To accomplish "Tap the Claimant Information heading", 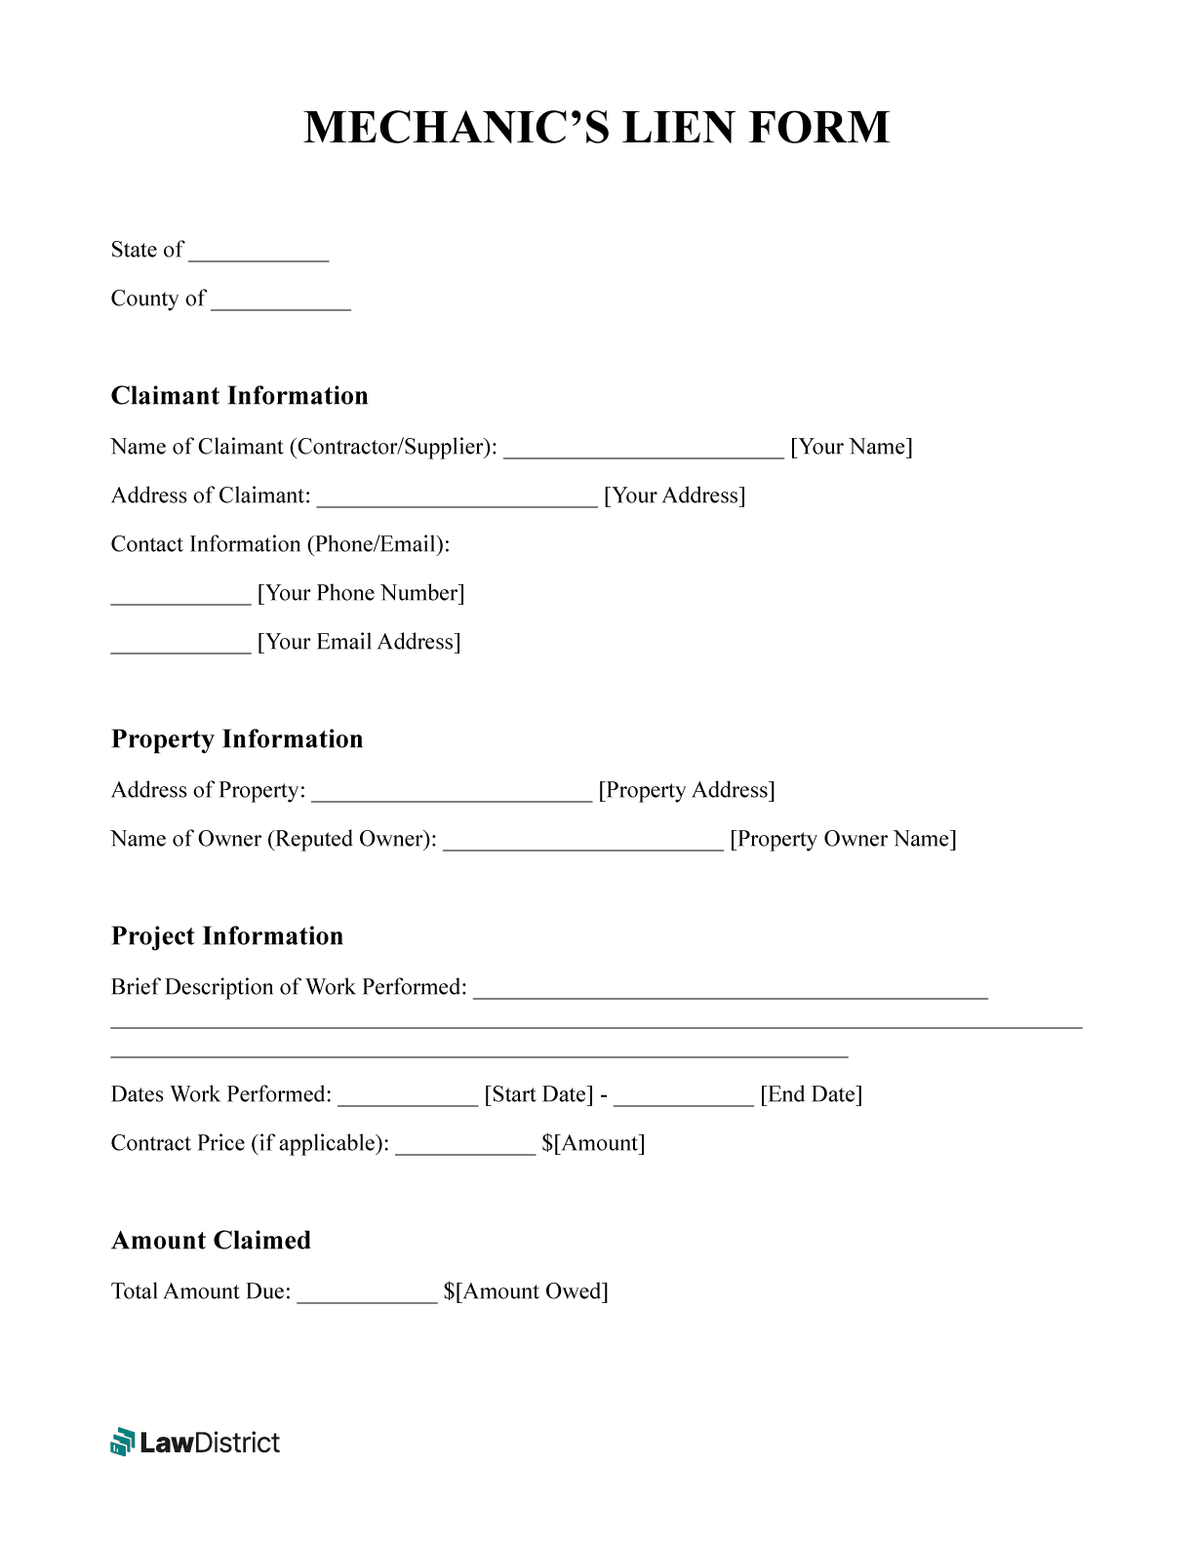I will pos(240,396).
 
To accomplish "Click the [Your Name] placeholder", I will pos(852,447).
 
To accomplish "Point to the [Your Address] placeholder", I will pos(675,495).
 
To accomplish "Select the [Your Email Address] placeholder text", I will pos(359,642).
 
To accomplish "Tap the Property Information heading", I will pos(237,739).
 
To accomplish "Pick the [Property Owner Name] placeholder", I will pos(843,839).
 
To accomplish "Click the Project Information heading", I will pos(227,936).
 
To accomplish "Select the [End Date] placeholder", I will pos(812,1094).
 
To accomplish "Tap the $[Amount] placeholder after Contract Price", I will pos(593,1143).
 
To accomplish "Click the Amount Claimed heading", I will pos(212,1241).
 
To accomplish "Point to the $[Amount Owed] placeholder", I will pos(526,1291).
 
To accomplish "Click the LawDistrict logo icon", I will pos(122,1442).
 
